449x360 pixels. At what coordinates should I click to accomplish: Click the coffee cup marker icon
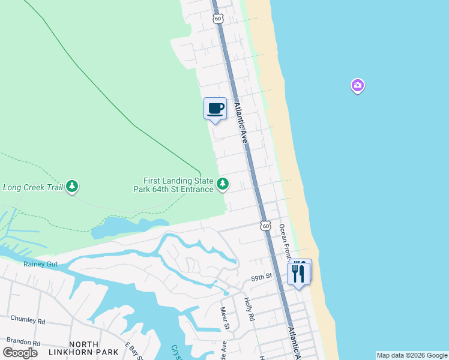[x=215, y=109]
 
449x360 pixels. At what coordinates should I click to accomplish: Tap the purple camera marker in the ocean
[x=358, y=86]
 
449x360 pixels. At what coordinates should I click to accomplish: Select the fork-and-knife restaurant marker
[x=300, y=272]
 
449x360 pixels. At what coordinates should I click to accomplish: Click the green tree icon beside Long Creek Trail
[x=72, y=187]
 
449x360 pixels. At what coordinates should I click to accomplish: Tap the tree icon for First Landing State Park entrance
[x=223, y=184]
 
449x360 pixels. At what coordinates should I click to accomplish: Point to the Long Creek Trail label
[x=33, y=187]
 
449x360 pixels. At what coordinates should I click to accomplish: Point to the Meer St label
[x=225, y=318]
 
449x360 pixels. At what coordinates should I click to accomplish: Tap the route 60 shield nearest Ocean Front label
[x=265, y=226]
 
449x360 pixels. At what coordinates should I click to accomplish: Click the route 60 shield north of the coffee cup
[x=217, y=19]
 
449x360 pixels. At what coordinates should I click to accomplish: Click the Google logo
[x=20, y=352]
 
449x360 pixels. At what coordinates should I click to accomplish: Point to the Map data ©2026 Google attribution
[x=412, y=355]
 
